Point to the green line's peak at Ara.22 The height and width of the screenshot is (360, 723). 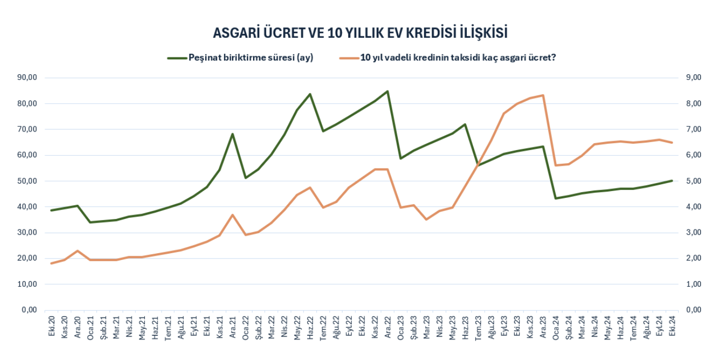pos(387,92)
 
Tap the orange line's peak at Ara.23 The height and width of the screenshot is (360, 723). pos(543,95)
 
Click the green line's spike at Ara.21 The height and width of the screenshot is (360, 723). pos(233,134)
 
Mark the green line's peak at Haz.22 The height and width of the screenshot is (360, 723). pos(310,94)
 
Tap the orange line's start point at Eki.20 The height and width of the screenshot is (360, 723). pos(52,263)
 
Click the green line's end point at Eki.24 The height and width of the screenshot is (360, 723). pos(671,181)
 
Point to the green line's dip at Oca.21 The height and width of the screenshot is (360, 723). pos(91,222)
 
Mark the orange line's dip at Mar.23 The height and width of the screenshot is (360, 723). pos(426,219)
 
